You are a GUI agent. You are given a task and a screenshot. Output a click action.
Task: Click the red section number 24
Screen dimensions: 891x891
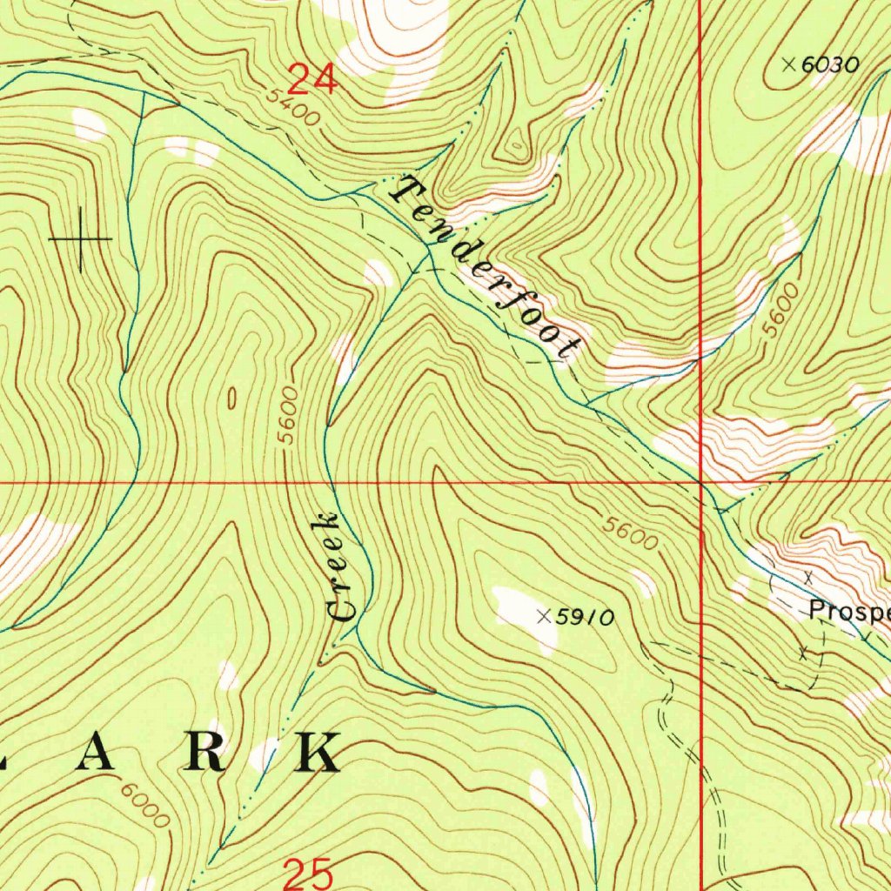[312, 80]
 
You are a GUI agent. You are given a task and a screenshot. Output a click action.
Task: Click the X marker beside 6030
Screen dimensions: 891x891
[788, 64]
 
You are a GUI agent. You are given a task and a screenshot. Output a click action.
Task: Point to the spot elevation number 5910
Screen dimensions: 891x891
[586, 617]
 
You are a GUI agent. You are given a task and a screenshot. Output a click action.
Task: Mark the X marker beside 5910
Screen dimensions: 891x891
[544, 617]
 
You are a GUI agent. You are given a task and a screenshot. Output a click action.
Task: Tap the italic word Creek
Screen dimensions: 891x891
[335, 567]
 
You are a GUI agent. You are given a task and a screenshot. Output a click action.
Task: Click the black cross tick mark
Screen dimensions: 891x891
[80, 238]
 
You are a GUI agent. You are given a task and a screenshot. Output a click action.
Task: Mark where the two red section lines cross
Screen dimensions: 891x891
[701, 480]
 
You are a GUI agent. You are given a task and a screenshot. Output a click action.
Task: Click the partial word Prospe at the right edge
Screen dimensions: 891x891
[848, 610]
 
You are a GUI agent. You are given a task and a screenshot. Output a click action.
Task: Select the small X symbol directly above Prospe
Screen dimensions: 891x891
[808, 577]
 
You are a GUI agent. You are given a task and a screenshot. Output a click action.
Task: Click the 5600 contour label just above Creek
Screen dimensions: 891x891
[289, 415]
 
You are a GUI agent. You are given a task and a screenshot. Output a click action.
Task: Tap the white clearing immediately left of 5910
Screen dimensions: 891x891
[522, 609]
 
